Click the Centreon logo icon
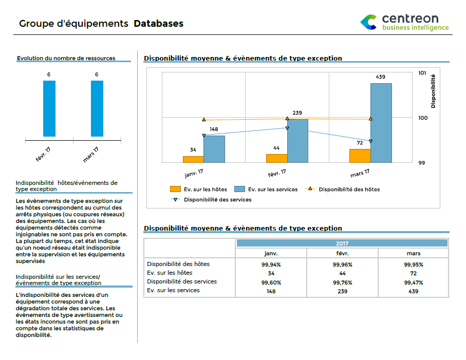click(x=368, y=22)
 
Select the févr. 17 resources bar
click(x=49, y=108)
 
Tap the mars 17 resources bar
click(x=97, y=108)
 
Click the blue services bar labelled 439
click(x=381, y=123)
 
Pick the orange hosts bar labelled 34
click(x=193, y=159)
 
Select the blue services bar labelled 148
click(x=214, y=149)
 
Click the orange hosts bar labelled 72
click(x=360, y=156)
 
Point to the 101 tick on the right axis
click(x=422, y=73)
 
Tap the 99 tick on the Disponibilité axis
click(x=422, y=163)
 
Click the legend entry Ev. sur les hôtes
click(x=198, y=190)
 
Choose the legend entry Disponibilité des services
click(x=217, y=199)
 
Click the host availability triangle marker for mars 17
click(x=370, y=119)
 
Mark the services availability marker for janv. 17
click(x=204, y=136)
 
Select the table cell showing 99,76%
click(x=342, y=282)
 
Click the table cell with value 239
click(x=342, y=291)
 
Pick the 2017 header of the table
click(x=342, y=243)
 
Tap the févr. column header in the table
click(x=342, y=253)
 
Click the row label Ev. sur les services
click(x=173, y=290)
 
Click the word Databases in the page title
click(x=158, y=24)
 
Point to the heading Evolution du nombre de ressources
click(x=66, y=58)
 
